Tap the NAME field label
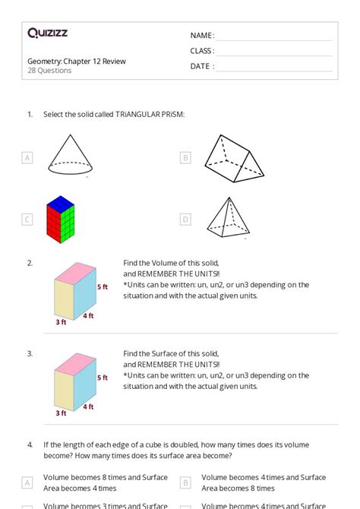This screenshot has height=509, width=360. (202, 36)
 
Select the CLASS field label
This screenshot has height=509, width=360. (202, 51)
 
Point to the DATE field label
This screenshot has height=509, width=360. (202, 66)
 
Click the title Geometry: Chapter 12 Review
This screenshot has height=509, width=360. (76, 61)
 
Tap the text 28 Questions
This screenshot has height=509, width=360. (49, 71)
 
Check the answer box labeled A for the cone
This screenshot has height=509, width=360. (27, 158)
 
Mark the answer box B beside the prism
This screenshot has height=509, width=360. (185, 158)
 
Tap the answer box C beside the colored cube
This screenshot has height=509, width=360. (27, 220)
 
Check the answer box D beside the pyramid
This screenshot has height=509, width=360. (185, 220)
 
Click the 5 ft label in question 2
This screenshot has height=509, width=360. (103, 287)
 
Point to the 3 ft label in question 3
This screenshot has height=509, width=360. (61, 413)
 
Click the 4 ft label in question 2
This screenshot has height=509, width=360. (89, 315)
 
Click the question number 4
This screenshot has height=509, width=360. (30, 444)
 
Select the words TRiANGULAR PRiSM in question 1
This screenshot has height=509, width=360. (150, 114)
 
